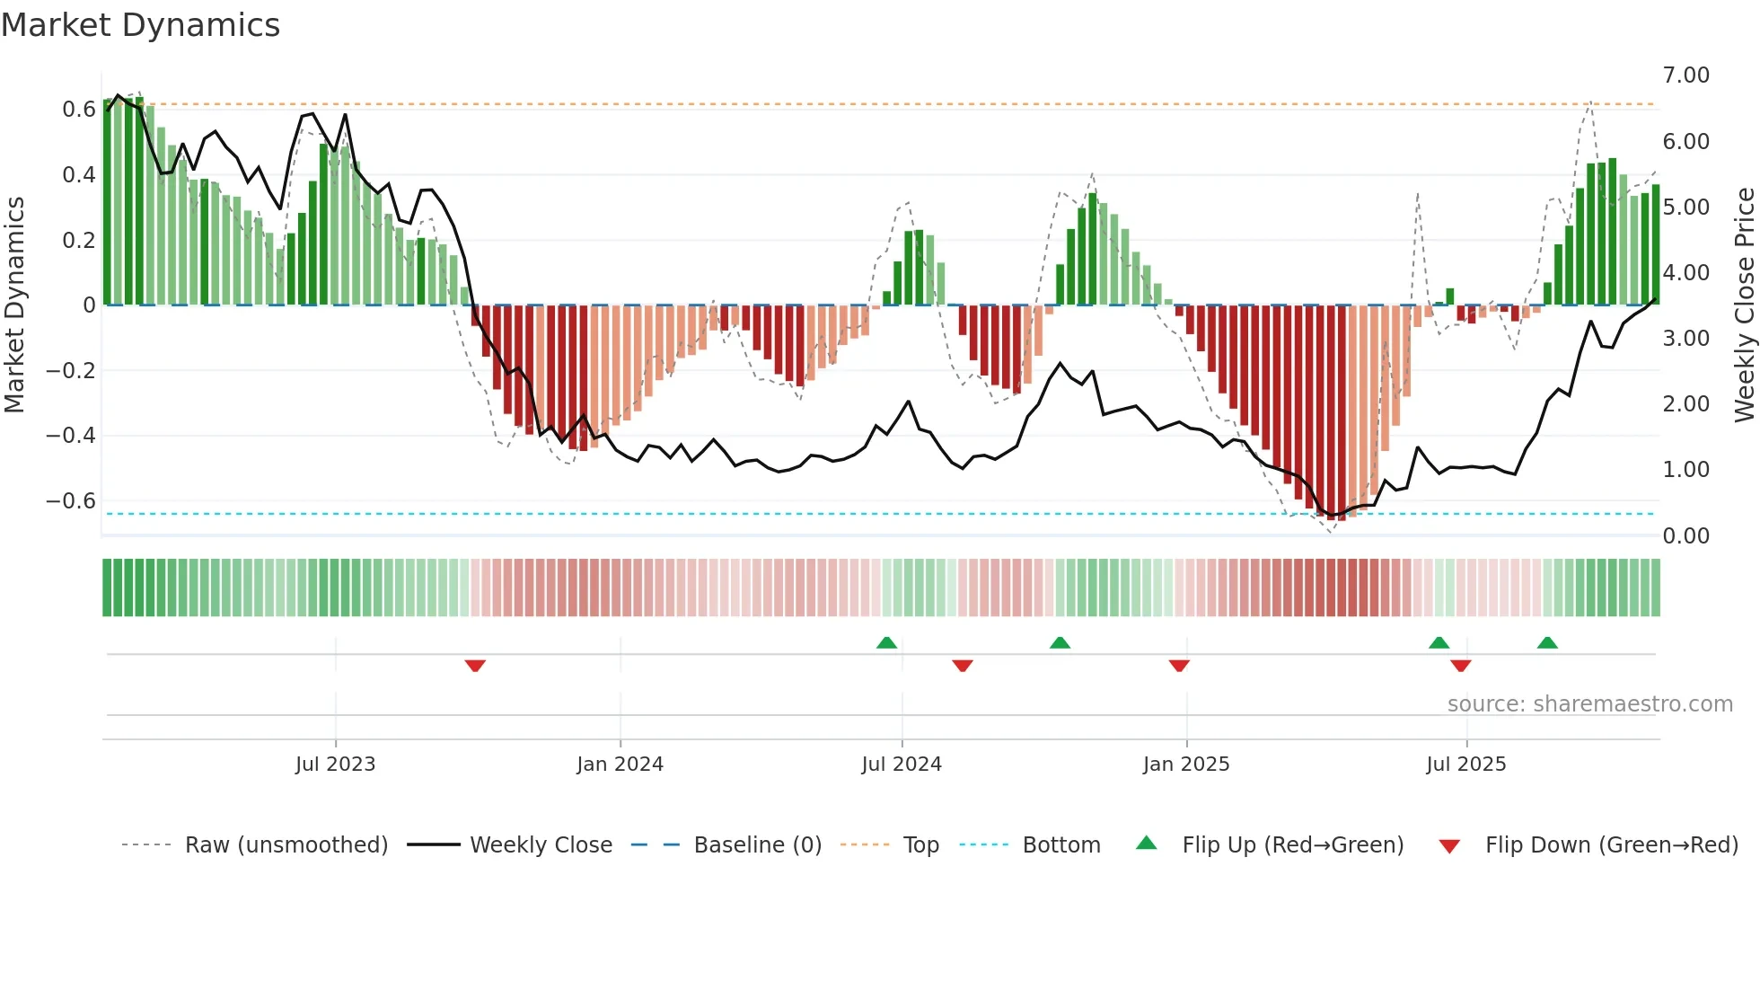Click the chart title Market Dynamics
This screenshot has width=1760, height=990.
140,25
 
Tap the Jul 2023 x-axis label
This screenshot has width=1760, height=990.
335,765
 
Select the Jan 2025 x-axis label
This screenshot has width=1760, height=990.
1186,765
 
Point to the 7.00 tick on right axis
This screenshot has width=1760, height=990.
1685,75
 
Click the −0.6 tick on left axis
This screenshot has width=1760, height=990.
71,500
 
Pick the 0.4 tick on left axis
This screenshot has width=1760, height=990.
79,174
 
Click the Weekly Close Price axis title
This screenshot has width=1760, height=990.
1744,305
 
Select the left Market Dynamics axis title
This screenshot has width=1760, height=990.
14,305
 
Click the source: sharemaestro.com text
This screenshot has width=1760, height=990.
1589,704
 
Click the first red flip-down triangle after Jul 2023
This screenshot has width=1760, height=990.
475,666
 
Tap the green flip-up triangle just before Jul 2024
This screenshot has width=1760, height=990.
886,642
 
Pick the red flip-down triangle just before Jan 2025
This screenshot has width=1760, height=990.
1179,666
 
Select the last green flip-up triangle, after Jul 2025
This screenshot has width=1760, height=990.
1546,642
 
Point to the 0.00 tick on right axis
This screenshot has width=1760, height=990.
1685,536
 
